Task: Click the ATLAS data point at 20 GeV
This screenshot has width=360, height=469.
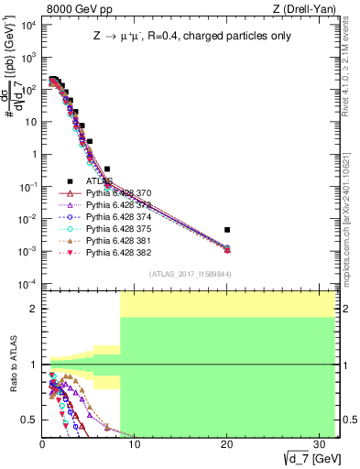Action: pyautogui.click(x=226, y=230)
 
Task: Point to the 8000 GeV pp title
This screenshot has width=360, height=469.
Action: pyautogui.click(x=73, y=8)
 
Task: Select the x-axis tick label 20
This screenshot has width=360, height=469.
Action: pyautogui.click(x=226, y=444)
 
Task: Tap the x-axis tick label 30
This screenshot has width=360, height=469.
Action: pyautogui.click(x=318, y=444)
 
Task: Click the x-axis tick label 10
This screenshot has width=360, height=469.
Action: pyautogui.click(x=134, y=444)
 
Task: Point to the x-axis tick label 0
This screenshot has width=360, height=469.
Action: pyautogui.click(x=42, y=444)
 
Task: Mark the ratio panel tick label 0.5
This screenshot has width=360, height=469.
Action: pyautogui.click(x=30, y=420)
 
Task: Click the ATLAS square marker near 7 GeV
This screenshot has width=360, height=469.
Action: pyautogui.click(x=107, y=169)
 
